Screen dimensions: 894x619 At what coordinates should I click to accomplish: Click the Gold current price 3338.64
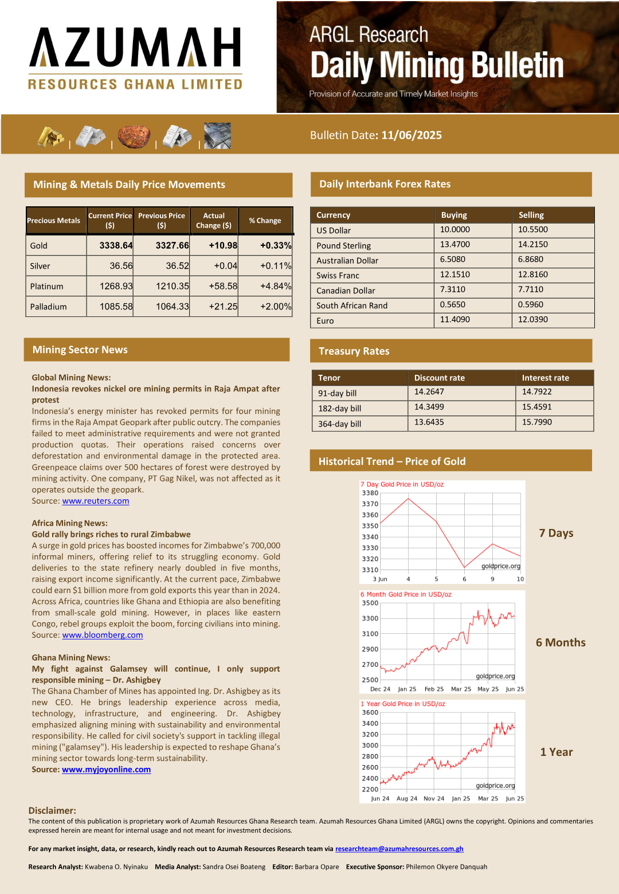tap(116, 245)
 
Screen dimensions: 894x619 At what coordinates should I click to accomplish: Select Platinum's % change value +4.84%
tap(276, 286)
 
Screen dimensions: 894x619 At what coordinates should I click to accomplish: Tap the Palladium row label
tap(49, 307)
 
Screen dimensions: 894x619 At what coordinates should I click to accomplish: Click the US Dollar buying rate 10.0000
tap(455, 230)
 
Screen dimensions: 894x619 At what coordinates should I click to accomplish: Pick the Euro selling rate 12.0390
tap(533, 320)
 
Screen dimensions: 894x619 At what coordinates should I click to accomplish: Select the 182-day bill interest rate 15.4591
tap(537, 407)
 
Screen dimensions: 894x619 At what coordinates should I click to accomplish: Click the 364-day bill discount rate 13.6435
tap(429, 422)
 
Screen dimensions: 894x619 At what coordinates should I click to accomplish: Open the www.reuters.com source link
tap(96, 501)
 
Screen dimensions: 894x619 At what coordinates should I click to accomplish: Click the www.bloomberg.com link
tap(103, 635)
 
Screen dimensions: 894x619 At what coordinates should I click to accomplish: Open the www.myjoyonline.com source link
tap(107, 770)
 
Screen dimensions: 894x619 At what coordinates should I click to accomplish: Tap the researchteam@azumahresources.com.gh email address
tap(399, 849)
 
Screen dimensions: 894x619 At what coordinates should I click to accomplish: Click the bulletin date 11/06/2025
tap(412, 135)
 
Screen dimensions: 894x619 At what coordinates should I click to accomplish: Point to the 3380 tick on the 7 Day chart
tap(370, 493)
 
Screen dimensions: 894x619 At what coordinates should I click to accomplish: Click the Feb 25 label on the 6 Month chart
tap(434, 689)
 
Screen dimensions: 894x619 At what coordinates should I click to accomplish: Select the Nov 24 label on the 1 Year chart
tap(434, 799)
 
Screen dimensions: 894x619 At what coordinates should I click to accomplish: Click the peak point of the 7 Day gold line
tap(408, 499)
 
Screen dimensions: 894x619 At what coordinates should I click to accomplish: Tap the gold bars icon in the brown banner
tap(50, 136)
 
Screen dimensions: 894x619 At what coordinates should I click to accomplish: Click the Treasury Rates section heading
tap(354, 351)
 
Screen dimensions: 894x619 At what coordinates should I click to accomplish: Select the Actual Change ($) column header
tap(214, 221)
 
